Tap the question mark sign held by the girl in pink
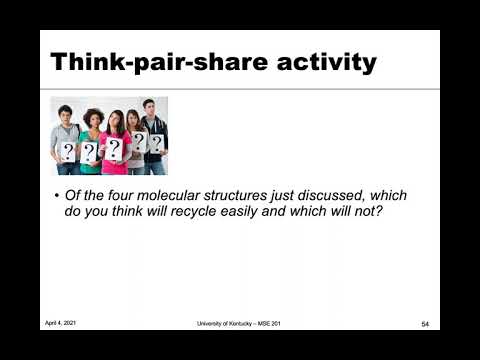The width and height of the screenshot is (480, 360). (x=113, y=150)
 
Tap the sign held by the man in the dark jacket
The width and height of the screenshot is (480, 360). (x=156, y=142)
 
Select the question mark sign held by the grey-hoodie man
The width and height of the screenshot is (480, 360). (x=67, y=151)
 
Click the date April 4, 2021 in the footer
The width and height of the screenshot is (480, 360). (x=61, y=323)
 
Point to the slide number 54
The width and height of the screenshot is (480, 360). (x=424, y=323)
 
